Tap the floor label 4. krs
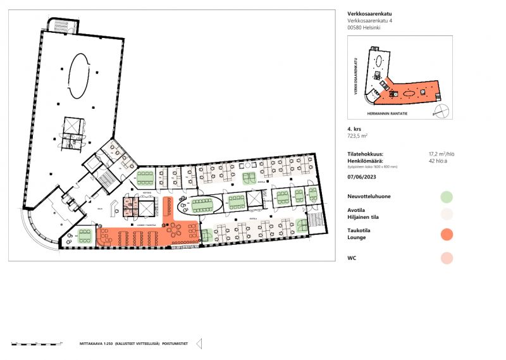[x=354, y=129]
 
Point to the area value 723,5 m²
[x=358, y=136]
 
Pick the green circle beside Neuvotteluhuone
[x=447, y=197]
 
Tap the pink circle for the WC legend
[x=447, y=258]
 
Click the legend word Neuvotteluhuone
[x=369, y=197]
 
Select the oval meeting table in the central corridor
[x=202, y=204]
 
